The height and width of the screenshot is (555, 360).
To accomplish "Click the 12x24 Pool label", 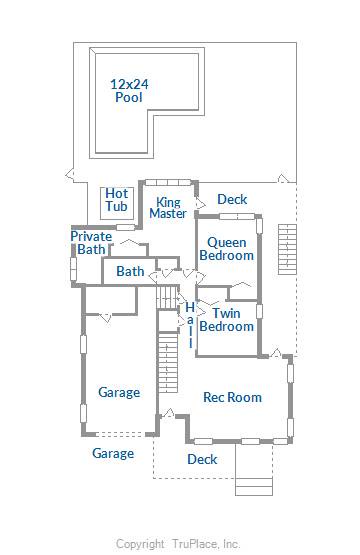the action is (x=129, y=91).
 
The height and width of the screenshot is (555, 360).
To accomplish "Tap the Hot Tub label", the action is (x=116, y=200).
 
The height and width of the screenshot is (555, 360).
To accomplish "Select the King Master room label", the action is (x=168, y=208).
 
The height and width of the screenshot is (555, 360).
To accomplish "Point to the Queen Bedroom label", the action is (x=227, y=249).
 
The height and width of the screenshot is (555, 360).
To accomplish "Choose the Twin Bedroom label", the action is (x=227, y=320).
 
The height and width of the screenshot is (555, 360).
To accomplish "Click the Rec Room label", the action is (x=233, y=397).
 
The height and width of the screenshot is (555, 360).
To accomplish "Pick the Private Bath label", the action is (x=91, y=243).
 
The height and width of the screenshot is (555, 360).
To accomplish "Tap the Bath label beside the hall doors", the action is (x=130, y=271).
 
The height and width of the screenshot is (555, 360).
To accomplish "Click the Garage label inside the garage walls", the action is (x=119, y=392).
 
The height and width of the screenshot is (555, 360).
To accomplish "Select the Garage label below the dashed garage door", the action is (x=113, y=453).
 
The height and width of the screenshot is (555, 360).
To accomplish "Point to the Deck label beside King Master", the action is (x=232, y=199).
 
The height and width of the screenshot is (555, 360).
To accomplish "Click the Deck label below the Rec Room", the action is (x=202, y=459).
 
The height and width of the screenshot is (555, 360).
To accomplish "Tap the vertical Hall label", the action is (x=190, y=325).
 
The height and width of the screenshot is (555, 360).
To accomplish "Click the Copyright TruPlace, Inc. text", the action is (x=178, y=544).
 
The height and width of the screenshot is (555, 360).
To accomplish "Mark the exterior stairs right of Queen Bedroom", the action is (x=287, y=249).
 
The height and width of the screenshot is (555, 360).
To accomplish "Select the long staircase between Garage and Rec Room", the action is (x=168, y=362).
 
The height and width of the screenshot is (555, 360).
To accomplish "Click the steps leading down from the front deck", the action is (x=254, y=487).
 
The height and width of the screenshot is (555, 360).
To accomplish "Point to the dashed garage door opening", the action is (x=120, y=433).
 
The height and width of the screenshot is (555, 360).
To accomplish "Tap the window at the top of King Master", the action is (x=168, y=182).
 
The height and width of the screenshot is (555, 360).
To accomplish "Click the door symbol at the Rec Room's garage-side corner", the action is (x=169, y=413).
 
